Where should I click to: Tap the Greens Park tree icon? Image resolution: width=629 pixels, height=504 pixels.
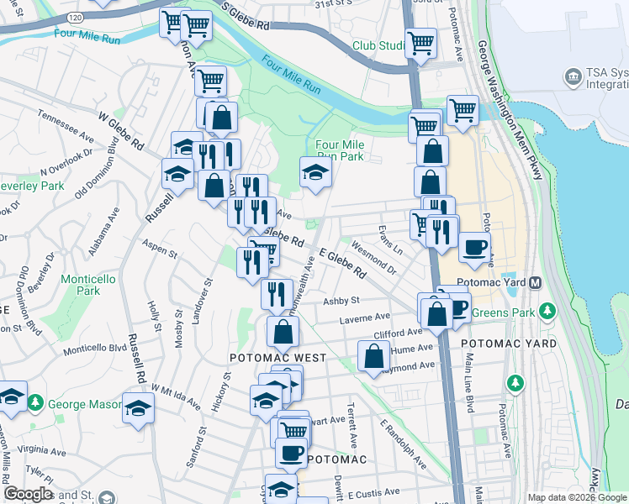(x=548, y=312)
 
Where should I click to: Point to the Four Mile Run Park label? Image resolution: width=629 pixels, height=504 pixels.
(x=339, y=150)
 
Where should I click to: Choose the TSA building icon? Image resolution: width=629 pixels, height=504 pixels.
(x=574, y=78)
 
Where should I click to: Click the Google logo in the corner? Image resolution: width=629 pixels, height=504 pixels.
(x=27, y=494)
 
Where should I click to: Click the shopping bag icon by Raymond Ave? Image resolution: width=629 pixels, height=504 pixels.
(x=373, y=356)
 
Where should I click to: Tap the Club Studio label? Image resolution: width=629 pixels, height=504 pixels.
(x=379, y=45)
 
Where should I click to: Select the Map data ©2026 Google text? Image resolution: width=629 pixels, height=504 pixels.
(x=576, y=497)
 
